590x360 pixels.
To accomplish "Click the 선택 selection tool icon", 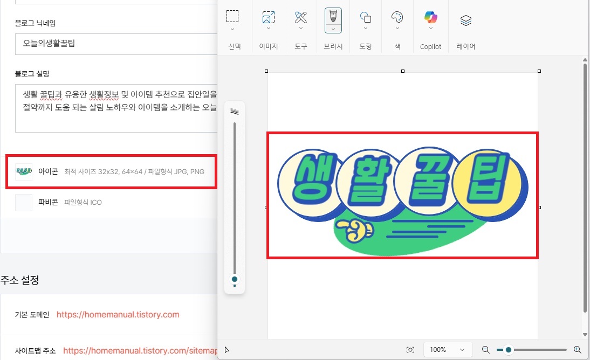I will click(x=232, y=17).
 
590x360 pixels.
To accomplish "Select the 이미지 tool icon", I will click(x=268, y=17).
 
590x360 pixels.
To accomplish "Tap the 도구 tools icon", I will click(x=301, y=17).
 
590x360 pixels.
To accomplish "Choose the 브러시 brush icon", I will click(x=333, y=16).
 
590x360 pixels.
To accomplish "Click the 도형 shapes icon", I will click(x=365, y=17).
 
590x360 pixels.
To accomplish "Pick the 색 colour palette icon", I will click(x=397, y=17).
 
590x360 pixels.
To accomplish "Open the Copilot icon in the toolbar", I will click(x=431, y=17).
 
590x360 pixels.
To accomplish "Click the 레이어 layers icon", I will click(x=466, y=20).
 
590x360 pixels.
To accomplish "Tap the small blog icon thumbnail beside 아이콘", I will click(x=24, y=172).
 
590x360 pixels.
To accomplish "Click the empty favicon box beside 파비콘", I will click(x=24, y=203).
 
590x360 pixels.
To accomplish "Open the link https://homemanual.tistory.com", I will click(x=118, y=315).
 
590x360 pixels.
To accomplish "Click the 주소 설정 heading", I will click(x=19, y=280).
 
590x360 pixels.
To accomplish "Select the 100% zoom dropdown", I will click(x=448, y=350).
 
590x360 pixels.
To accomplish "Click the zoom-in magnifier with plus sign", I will click(x=577, y=350).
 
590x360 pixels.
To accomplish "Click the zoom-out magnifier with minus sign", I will click(x=485, y=350).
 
